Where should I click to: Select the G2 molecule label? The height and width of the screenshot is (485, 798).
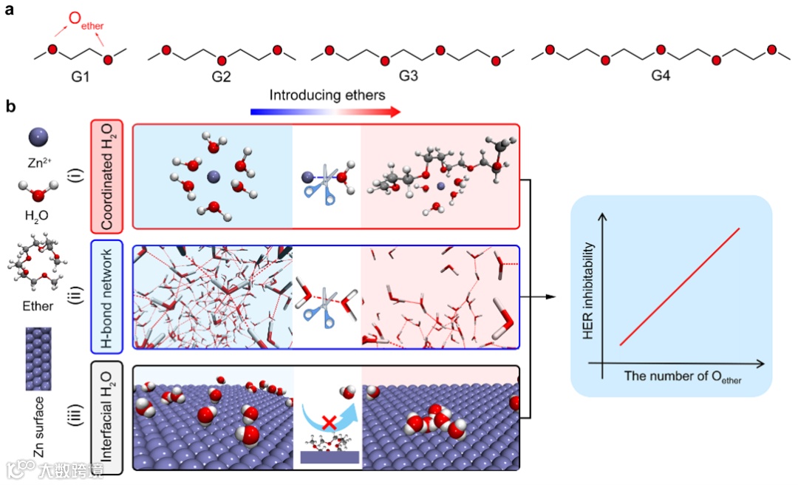tap(221, 75)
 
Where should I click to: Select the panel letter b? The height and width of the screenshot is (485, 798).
tap(10, 106)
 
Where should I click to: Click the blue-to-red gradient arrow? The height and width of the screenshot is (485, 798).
tap(325, 112)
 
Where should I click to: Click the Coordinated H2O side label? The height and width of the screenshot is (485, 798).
tap(106, 177)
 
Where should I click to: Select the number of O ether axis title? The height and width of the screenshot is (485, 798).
tap(683, 377)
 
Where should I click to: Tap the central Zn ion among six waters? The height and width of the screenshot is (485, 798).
tap(213, 176)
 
